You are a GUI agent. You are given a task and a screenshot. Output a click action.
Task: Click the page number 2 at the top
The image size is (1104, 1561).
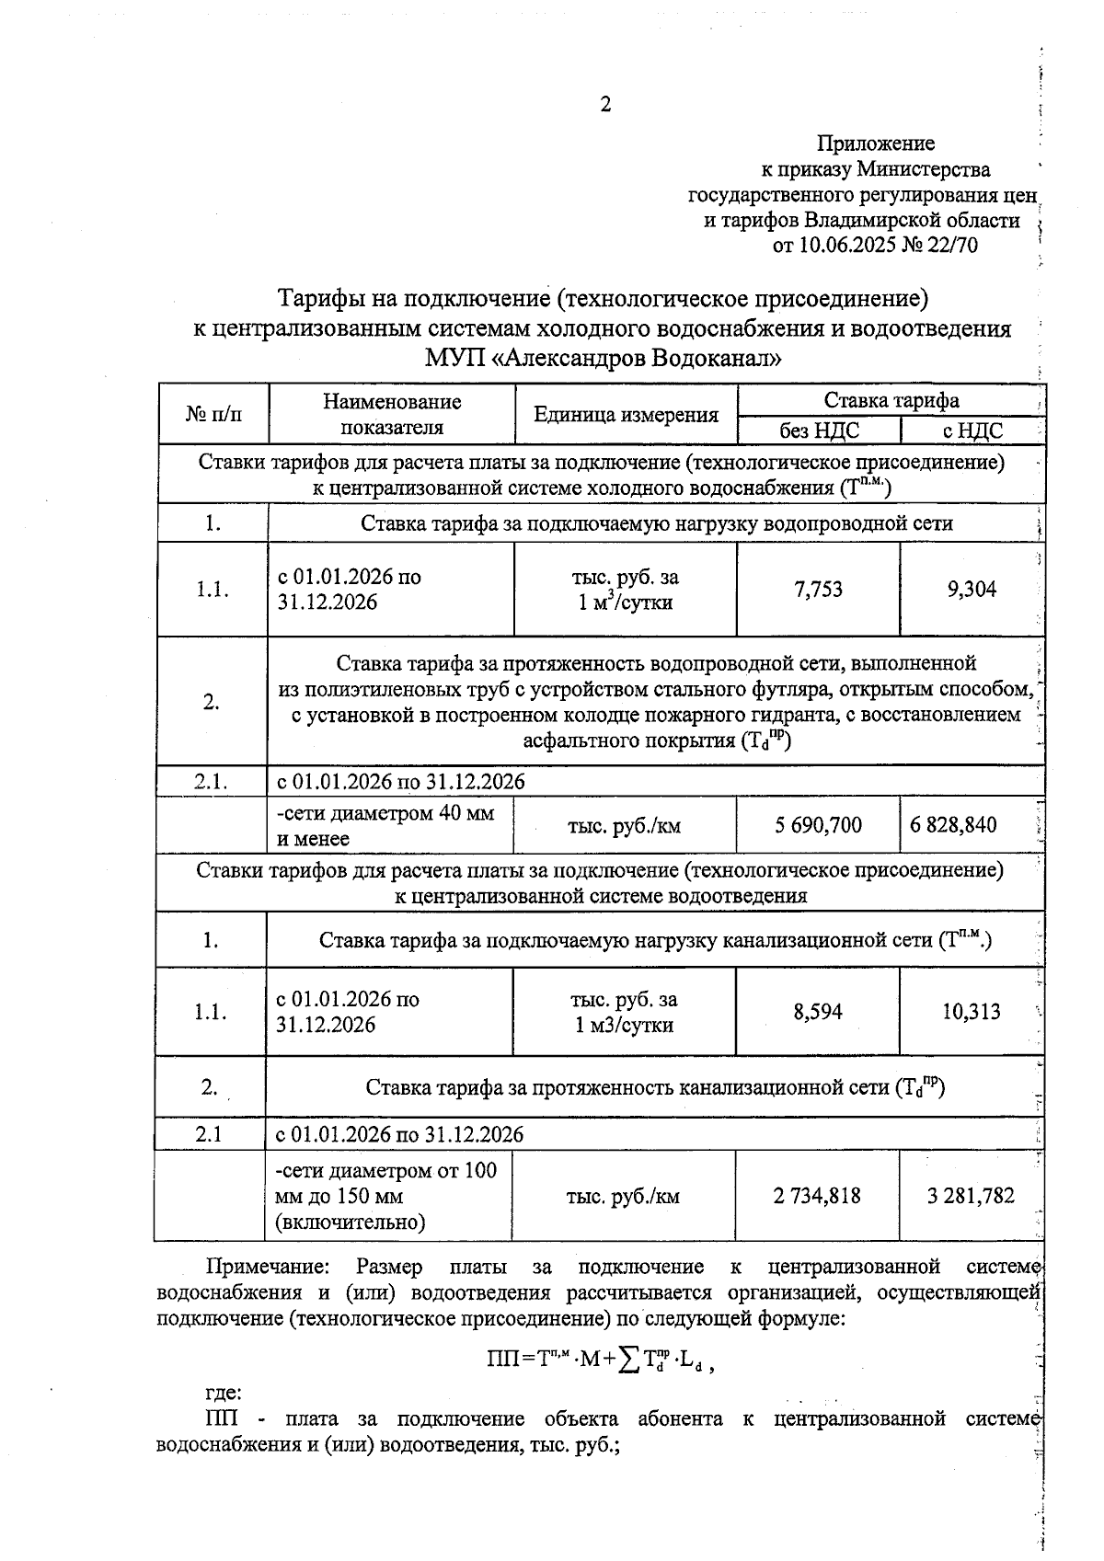coord(604,105)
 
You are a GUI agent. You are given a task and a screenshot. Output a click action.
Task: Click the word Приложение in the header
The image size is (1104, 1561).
coord(875,143)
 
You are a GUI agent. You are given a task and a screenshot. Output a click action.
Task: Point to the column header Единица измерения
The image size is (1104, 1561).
coord(626,415)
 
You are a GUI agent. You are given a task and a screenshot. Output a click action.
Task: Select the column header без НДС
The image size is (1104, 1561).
coord(818,430)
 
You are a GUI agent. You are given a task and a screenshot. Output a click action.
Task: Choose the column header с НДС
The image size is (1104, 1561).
coord(972,430)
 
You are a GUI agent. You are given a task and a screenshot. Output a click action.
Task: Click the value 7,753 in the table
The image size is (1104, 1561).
coord(818,590)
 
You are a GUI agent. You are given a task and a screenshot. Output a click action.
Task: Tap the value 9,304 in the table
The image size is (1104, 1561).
coord(972,590)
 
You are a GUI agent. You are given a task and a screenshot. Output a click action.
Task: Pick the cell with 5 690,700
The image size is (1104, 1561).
coord(818,825)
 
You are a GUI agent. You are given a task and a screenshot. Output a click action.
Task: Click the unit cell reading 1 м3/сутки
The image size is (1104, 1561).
coord(624,1025)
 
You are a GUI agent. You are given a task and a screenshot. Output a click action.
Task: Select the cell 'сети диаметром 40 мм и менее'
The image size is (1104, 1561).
coord(386,825)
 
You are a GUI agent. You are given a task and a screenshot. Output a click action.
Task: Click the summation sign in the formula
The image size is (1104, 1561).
coord(629,1361)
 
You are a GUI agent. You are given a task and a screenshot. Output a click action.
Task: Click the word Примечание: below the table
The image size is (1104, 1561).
coord(267,1268)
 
